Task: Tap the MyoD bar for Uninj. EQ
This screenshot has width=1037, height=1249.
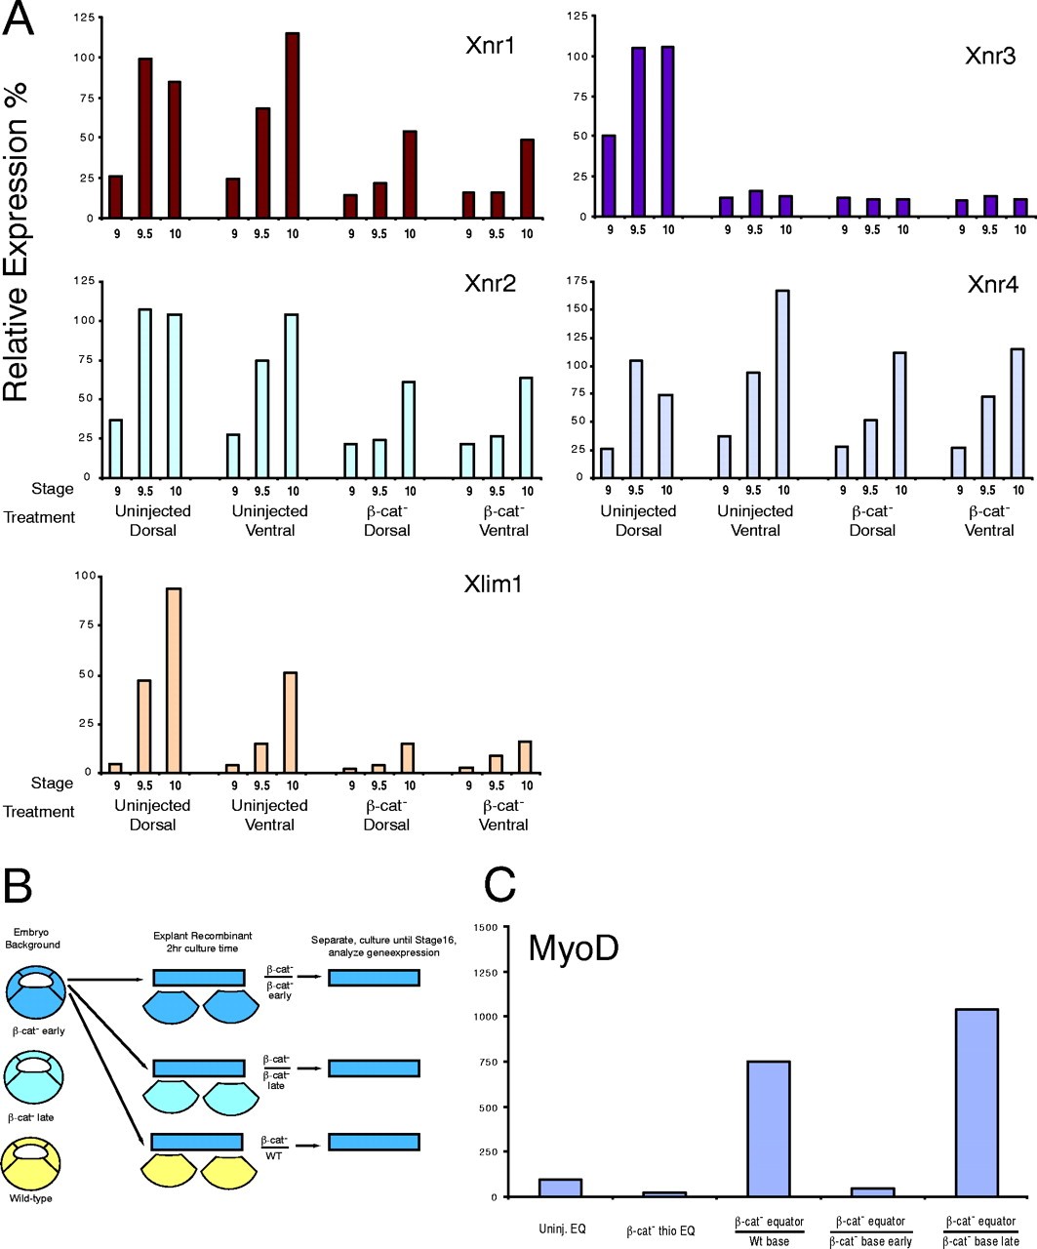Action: pyautogui.click(x=560, y=1188)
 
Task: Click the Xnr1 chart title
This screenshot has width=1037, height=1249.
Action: pyautogui.click(x=491, y=47)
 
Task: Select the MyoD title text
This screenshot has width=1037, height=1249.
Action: pyautogui.click(x=577, y=948)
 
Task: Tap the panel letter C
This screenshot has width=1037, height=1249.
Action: pyautogui.click(x=501, y=886)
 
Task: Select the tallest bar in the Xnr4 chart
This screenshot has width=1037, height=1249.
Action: pyautogui.click(x=783, y=383)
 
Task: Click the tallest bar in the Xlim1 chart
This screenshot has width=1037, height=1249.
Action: pyautogui.click(x=174, y=680)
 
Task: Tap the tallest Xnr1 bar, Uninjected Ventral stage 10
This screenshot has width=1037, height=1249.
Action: pyautogui.click(x=292, y=125)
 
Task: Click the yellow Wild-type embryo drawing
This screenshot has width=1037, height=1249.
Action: pyautogui.click(x=34, y=1162)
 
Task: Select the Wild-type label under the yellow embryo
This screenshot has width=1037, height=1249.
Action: pyautogui.click(x=33, y=1198)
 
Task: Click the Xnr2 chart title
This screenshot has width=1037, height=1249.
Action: pyautogui.click(x=491, y=285)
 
